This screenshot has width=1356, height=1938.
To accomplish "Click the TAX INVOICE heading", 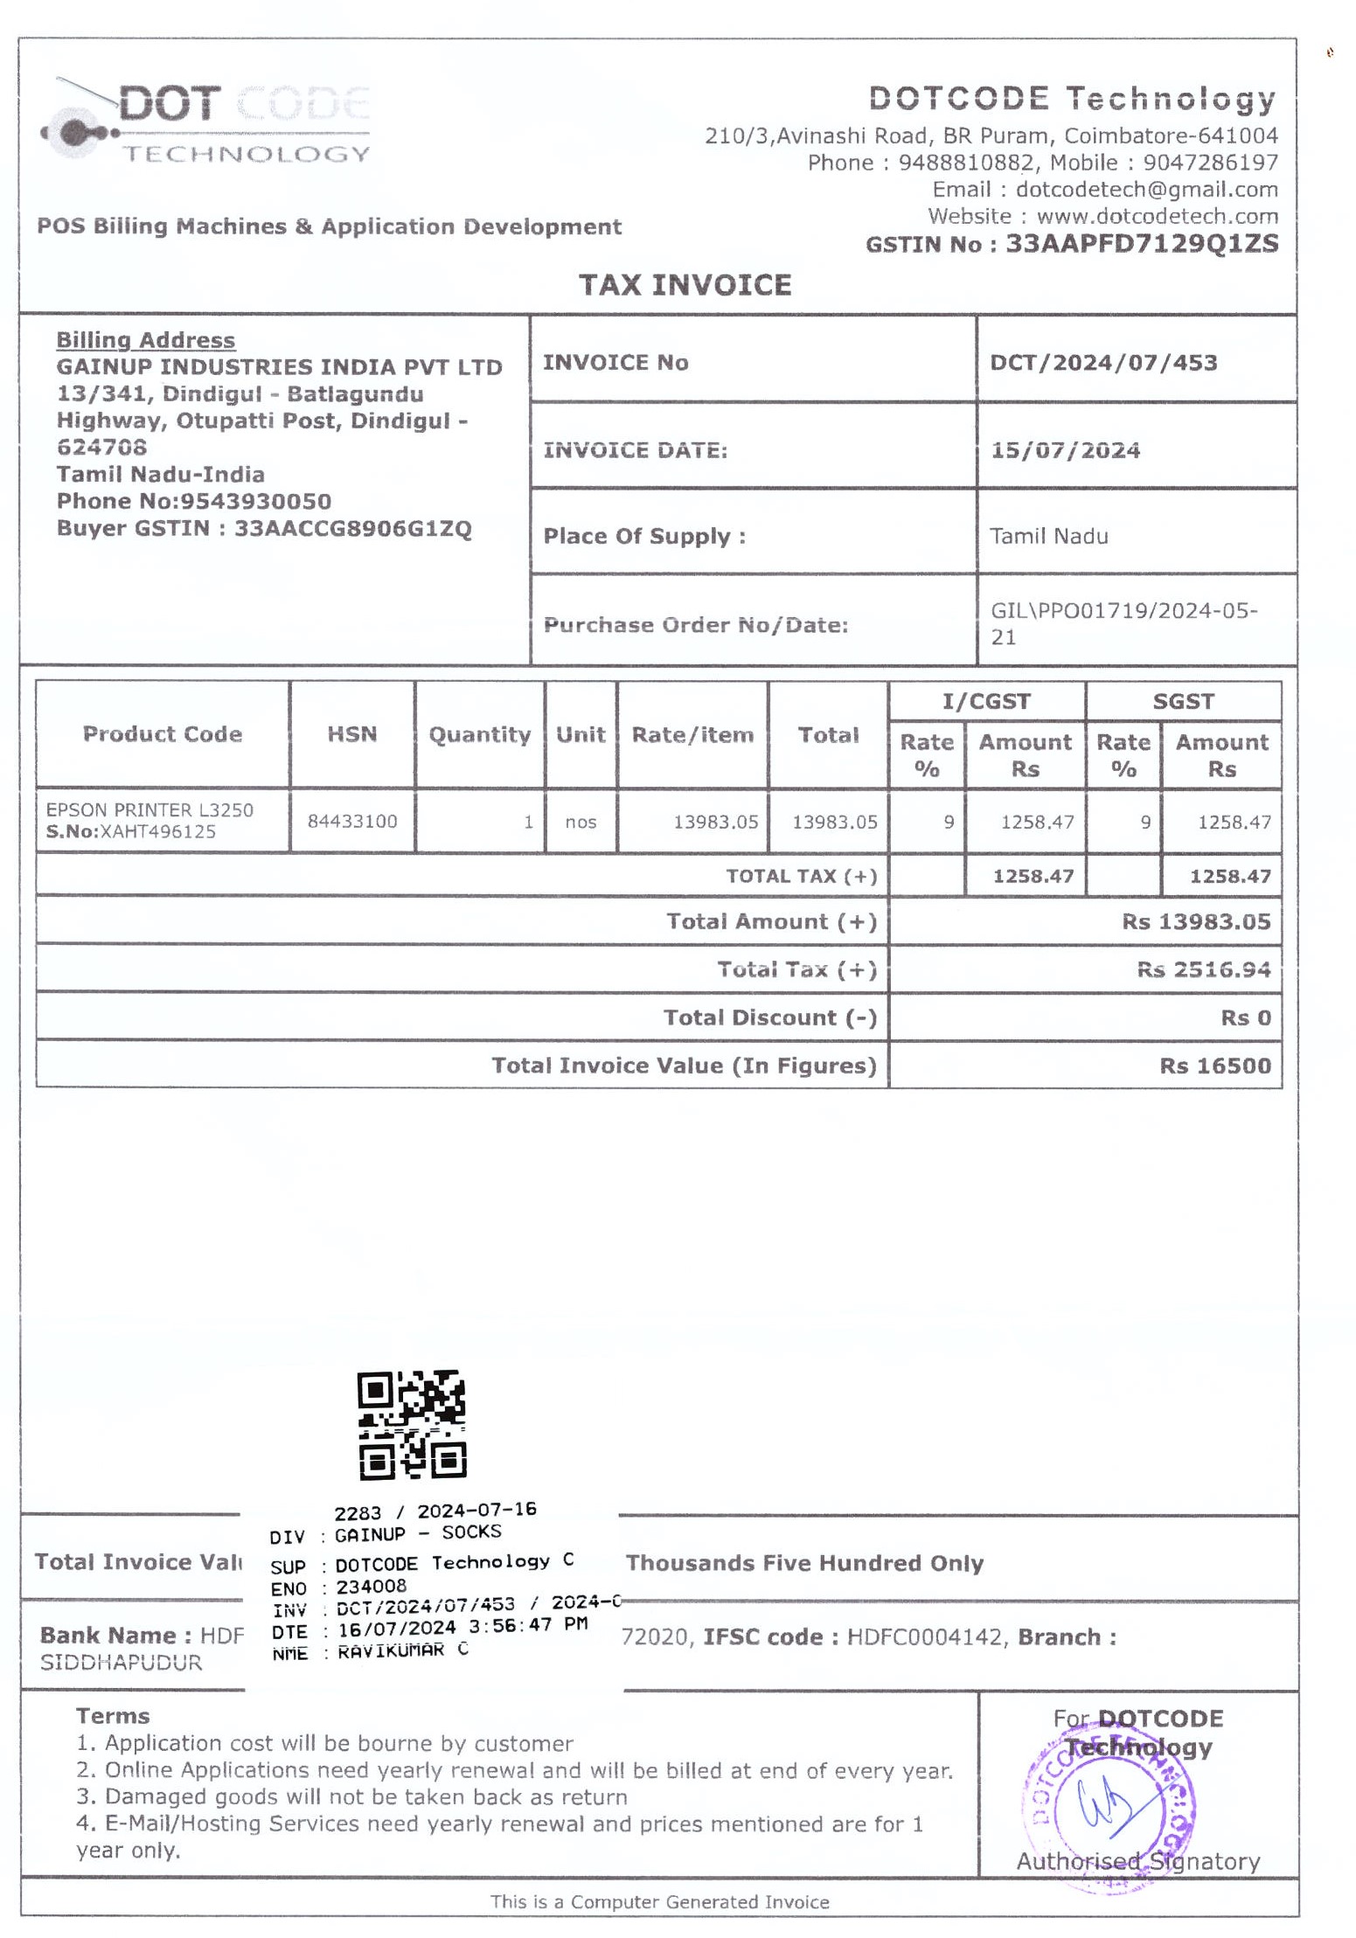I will (685, 285).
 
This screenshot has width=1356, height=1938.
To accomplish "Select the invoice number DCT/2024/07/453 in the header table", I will (1102, 362).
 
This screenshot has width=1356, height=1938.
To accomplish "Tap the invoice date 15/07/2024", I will (1064, 450).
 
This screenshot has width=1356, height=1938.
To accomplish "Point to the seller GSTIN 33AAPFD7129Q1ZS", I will (1141, 243).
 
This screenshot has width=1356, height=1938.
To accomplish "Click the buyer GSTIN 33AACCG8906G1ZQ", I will (352, 528).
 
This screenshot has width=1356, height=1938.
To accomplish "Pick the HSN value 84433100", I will (351, 821).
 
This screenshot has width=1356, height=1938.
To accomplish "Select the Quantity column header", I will (479, 734).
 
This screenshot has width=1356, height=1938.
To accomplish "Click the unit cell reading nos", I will (581, 822).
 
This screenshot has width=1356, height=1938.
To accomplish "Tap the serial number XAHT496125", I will (157, 831).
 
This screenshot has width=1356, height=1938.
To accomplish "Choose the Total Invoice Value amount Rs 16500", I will (1214, 1065).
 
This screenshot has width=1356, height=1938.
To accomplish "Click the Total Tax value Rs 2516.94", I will (1203, 969).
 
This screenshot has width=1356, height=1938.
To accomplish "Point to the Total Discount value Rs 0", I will (1245, 1017).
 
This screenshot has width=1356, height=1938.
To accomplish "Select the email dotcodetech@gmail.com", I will (1146, 189).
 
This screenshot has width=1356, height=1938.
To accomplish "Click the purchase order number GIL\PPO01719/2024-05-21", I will (1123, 622).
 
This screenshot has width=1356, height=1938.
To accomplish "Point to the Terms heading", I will (113, 1715).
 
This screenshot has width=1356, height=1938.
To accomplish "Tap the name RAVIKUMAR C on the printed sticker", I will (402, 1650).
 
